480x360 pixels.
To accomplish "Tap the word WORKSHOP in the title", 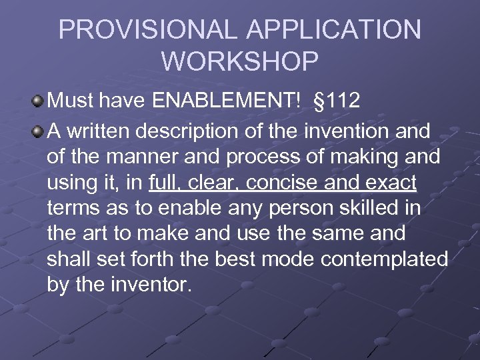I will pyautogui.click(x=240, y=61).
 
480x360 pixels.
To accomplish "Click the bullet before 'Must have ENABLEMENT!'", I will pyautogui.click(x=37, y=101).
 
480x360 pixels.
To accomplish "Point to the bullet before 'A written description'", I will pyautogui.click(x=37, y=131).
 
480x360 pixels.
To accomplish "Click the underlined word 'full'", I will pyautogui.click(x=165, y=182).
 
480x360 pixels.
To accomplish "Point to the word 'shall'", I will pyautogui.click(x=68, y=259).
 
